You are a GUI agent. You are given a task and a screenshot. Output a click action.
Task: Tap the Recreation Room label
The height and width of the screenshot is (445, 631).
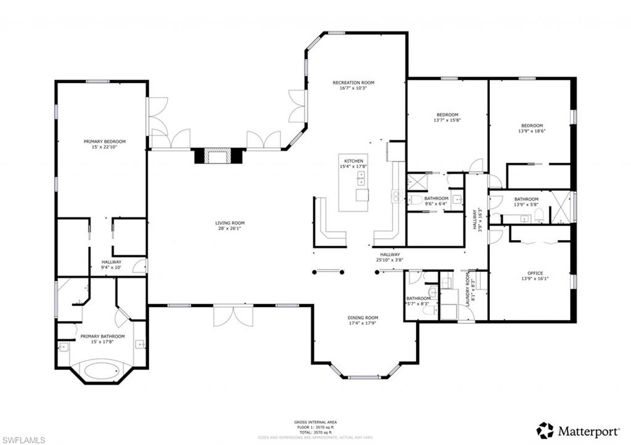tap(353, 82)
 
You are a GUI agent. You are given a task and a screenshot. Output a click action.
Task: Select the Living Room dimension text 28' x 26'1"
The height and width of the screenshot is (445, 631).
tap(230, 229)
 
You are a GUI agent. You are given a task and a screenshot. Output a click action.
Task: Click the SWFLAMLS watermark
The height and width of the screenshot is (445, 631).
tap(23, 439)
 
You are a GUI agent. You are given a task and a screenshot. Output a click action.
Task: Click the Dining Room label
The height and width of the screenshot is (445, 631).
tap(363, 318)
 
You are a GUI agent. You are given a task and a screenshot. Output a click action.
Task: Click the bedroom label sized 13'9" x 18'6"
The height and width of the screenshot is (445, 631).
tap(532, 125)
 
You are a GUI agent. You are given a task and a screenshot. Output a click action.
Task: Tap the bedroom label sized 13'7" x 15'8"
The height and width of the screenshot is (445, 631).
tap(447, 114)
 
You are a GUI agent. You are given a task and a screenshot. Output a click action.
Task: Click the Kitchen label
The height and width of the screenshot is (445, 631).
tap(353, 161)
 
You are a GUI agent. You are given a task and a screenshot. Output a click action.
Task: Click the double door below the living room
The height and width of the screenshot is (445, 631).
tap(232, 316)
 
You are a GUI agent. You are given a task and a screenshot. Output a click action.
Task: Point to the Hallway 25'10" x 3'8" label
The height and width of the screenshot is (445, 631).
tap(390, 254)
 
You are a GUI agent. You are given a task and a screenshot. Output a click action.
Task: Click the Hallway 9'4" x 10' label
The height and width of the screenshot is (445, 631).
tap(112, 262)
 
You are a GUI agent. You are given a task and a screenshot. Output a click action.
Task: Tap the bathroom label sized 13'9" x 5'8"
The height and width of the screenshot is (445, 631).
tap(526, 199)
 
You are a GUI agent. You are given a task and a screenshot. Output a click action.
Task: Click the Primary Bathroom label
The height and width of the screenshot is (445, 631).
tap(102, 336)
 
